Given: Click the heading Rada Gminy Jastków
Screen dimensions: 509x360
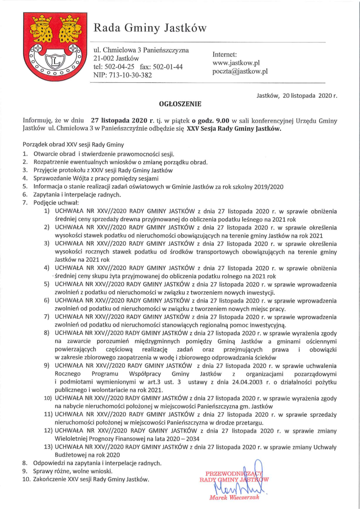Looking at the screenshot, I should (149, 28).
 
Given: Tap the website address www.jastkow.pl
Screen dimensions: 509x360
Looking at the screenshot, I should (236, 63).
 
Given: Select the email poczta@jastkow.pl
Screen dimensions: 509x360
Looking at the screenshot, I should (240, 71).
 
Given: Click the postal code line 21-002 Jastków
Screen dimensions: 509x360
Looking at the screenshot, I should (116, 58).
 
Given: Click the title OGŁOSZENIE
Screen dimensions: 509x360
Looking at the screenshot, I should (180, 104).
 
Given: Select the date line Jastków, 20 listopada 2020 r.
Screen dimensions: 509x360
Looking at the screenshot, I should (297, 95).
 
